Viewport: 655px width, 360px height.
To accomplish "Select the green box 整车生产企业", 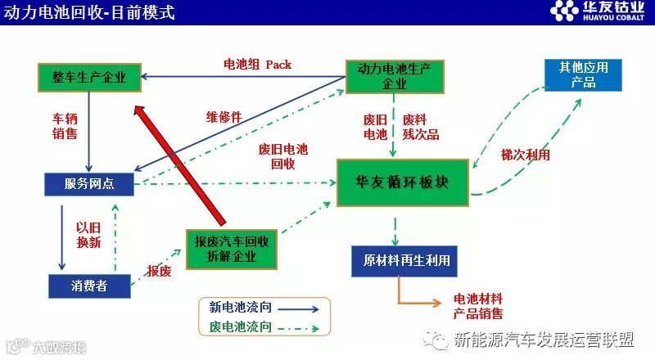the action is (89, 78).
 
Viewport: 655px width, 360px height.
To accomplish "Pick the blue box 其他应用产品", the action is (583, 75).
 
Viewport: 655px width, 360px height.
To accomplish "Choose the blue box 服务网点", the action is (89, 184).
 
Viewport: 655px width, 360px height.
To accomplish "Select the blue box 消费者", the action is (89, 285).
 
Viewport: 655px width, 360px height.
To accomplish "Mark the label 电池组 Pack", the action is (257, 64).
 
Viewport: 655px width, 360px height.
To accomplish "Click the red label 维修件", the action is (224, 117).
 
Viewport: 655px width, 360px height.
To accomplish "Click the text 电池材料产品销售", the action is (478, 306).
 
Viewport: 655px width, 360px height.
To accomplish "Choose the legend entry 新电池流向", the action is (264, 308).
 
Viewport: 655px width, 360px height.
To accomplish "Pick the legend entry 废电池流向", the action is (264, 328).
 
